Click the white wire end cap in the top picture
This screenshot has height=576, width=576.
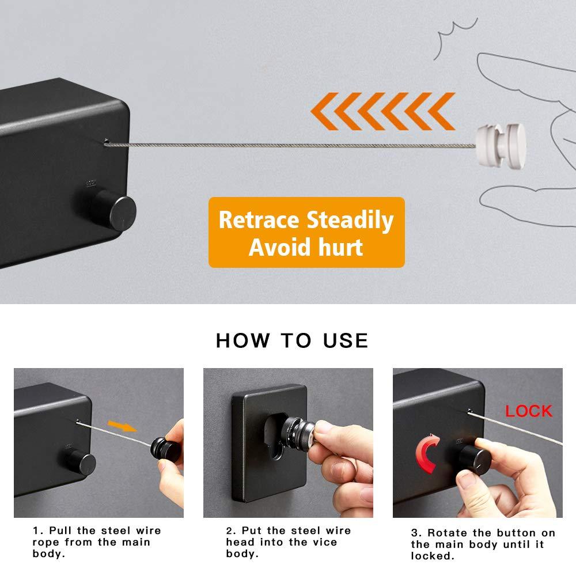click(501, 146)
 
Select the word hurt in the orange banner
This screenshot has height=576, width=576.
click(340, 247)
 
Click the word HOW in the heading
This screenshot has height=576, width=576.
click(243, 340)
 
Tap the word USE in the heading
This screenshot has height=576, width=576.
click(345, 340)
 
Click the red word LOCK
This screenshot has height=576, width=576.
click(529, 411)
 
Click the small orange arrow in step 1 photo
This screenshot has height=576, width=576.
click(122, 426)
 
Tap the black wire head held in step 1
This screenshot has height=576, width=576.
click(166, 450)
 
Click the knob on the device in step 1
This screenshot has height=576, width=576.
click(82, 463)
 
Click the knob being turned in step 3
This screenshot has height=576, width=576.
click(475, 460)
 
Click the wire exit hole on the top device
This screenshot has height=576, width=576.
click(106, 141)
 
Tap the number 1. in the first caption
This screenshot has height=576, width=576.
click(38, 531)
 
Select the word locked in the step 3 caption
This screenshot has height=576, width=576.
click(433, 556)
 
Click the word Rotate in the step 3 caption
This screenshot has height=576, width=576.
click(448, 533)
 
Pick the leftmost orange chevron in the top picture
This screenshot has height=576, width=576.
click(324, 111)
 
